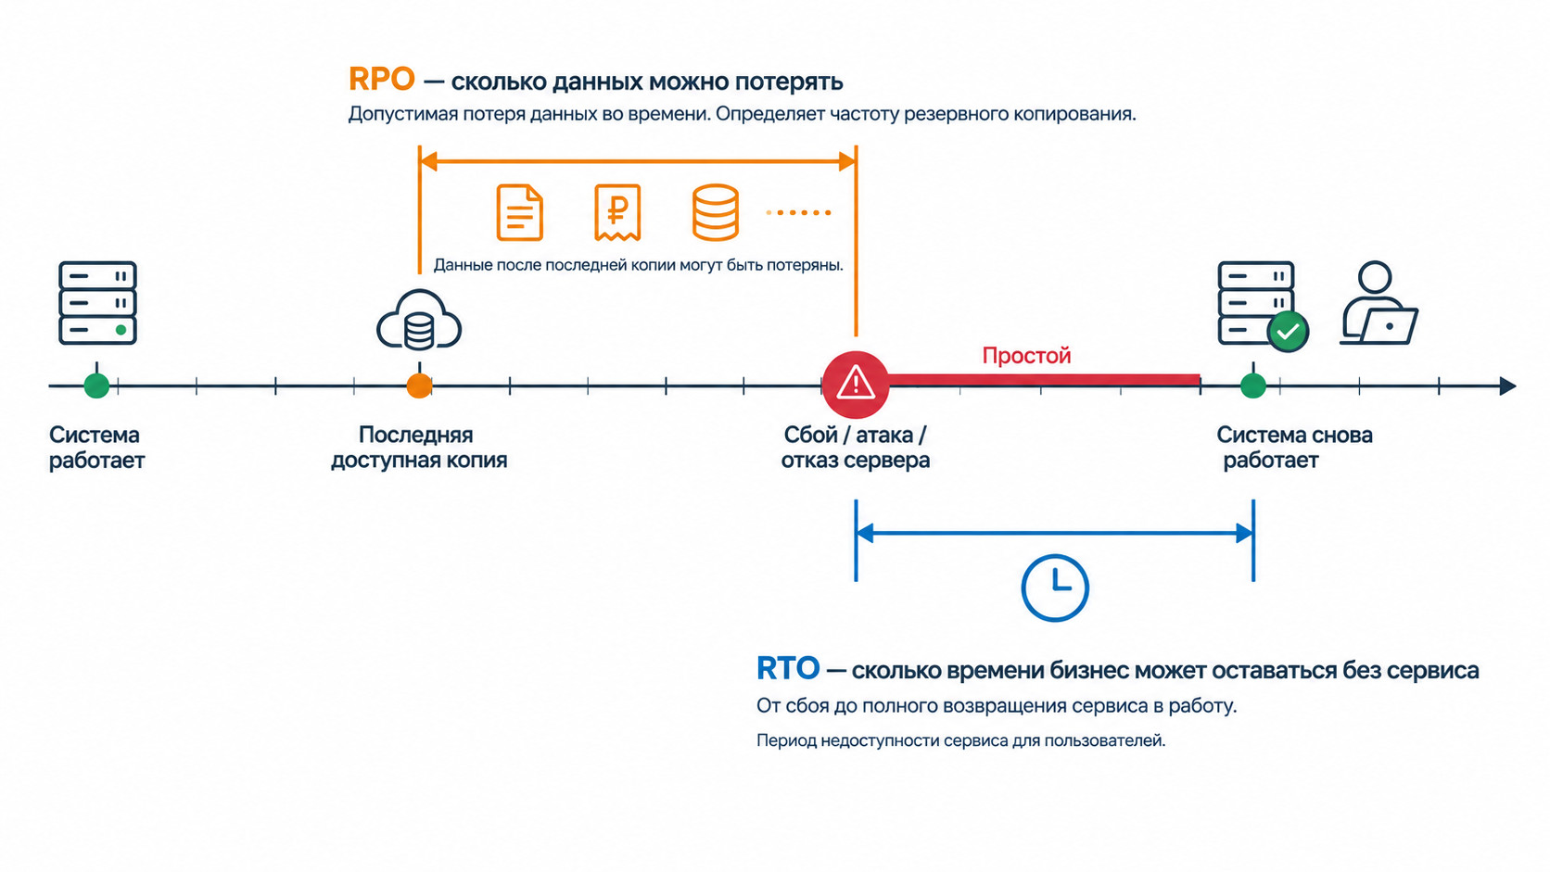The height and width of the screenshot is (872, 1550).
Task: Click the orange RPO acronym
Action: pos(381,80)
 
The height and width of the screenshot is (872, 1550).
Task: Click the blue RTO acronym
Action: pos(787,669)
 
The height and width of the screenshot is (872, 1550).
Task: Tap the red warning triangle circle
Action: pos(856,385)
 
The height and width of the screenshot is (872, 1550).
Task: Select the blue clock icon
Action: pos(1055,588)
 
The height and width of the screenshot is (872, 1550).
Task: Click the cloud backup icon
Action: pos(419,321)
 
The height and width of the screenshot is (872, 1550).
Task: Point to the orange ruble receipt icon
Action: pos(617,212)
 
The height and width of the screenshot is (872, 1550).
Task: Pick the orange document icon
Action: pos(520,212)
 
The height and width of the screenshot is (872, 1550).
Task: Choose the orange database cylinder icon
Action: pos(715,212)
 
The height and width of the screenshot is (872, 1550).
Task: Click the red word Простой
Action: pos(1026,356)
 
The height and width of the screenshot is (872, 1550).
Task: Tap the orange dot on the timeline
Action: pos(419,385)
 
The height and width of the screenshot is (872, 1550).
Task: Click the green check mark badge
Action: pos(1287,332)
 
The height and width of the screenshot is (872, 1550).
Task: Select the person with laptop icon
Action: pos(1378,302)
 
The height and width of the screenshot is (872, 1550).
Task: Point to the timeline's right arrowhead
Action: pos(1508,385)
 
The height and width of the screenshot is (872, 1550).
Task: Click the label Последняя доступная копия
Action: pos(419,448)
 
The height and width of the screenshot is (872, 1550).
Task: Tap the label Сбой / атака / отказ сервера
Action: pos(856,448)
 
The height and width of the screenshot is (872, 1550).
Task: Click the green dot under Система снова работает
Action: pos(1253,385)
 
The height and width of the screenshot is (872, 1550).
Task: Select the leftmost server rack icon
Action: pos(97,302)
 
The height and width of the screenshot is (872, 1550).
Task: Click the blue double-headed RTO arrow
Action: pos(1055,533)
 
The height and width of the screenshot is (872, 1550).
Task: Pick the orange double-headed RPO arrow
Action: pos(637,162)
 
